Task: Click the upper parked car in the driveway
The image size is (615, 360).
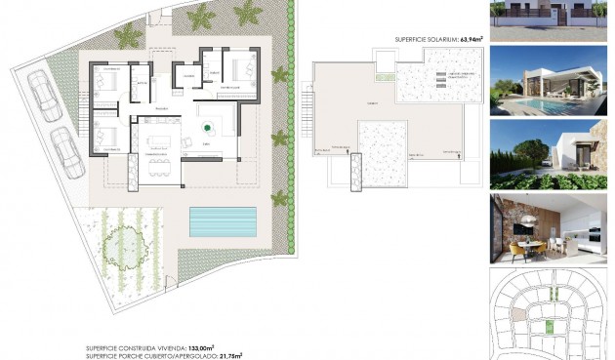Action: [x=41, y=96]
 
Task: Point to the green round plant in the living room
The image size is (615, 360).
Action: [x=207, y=127]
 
